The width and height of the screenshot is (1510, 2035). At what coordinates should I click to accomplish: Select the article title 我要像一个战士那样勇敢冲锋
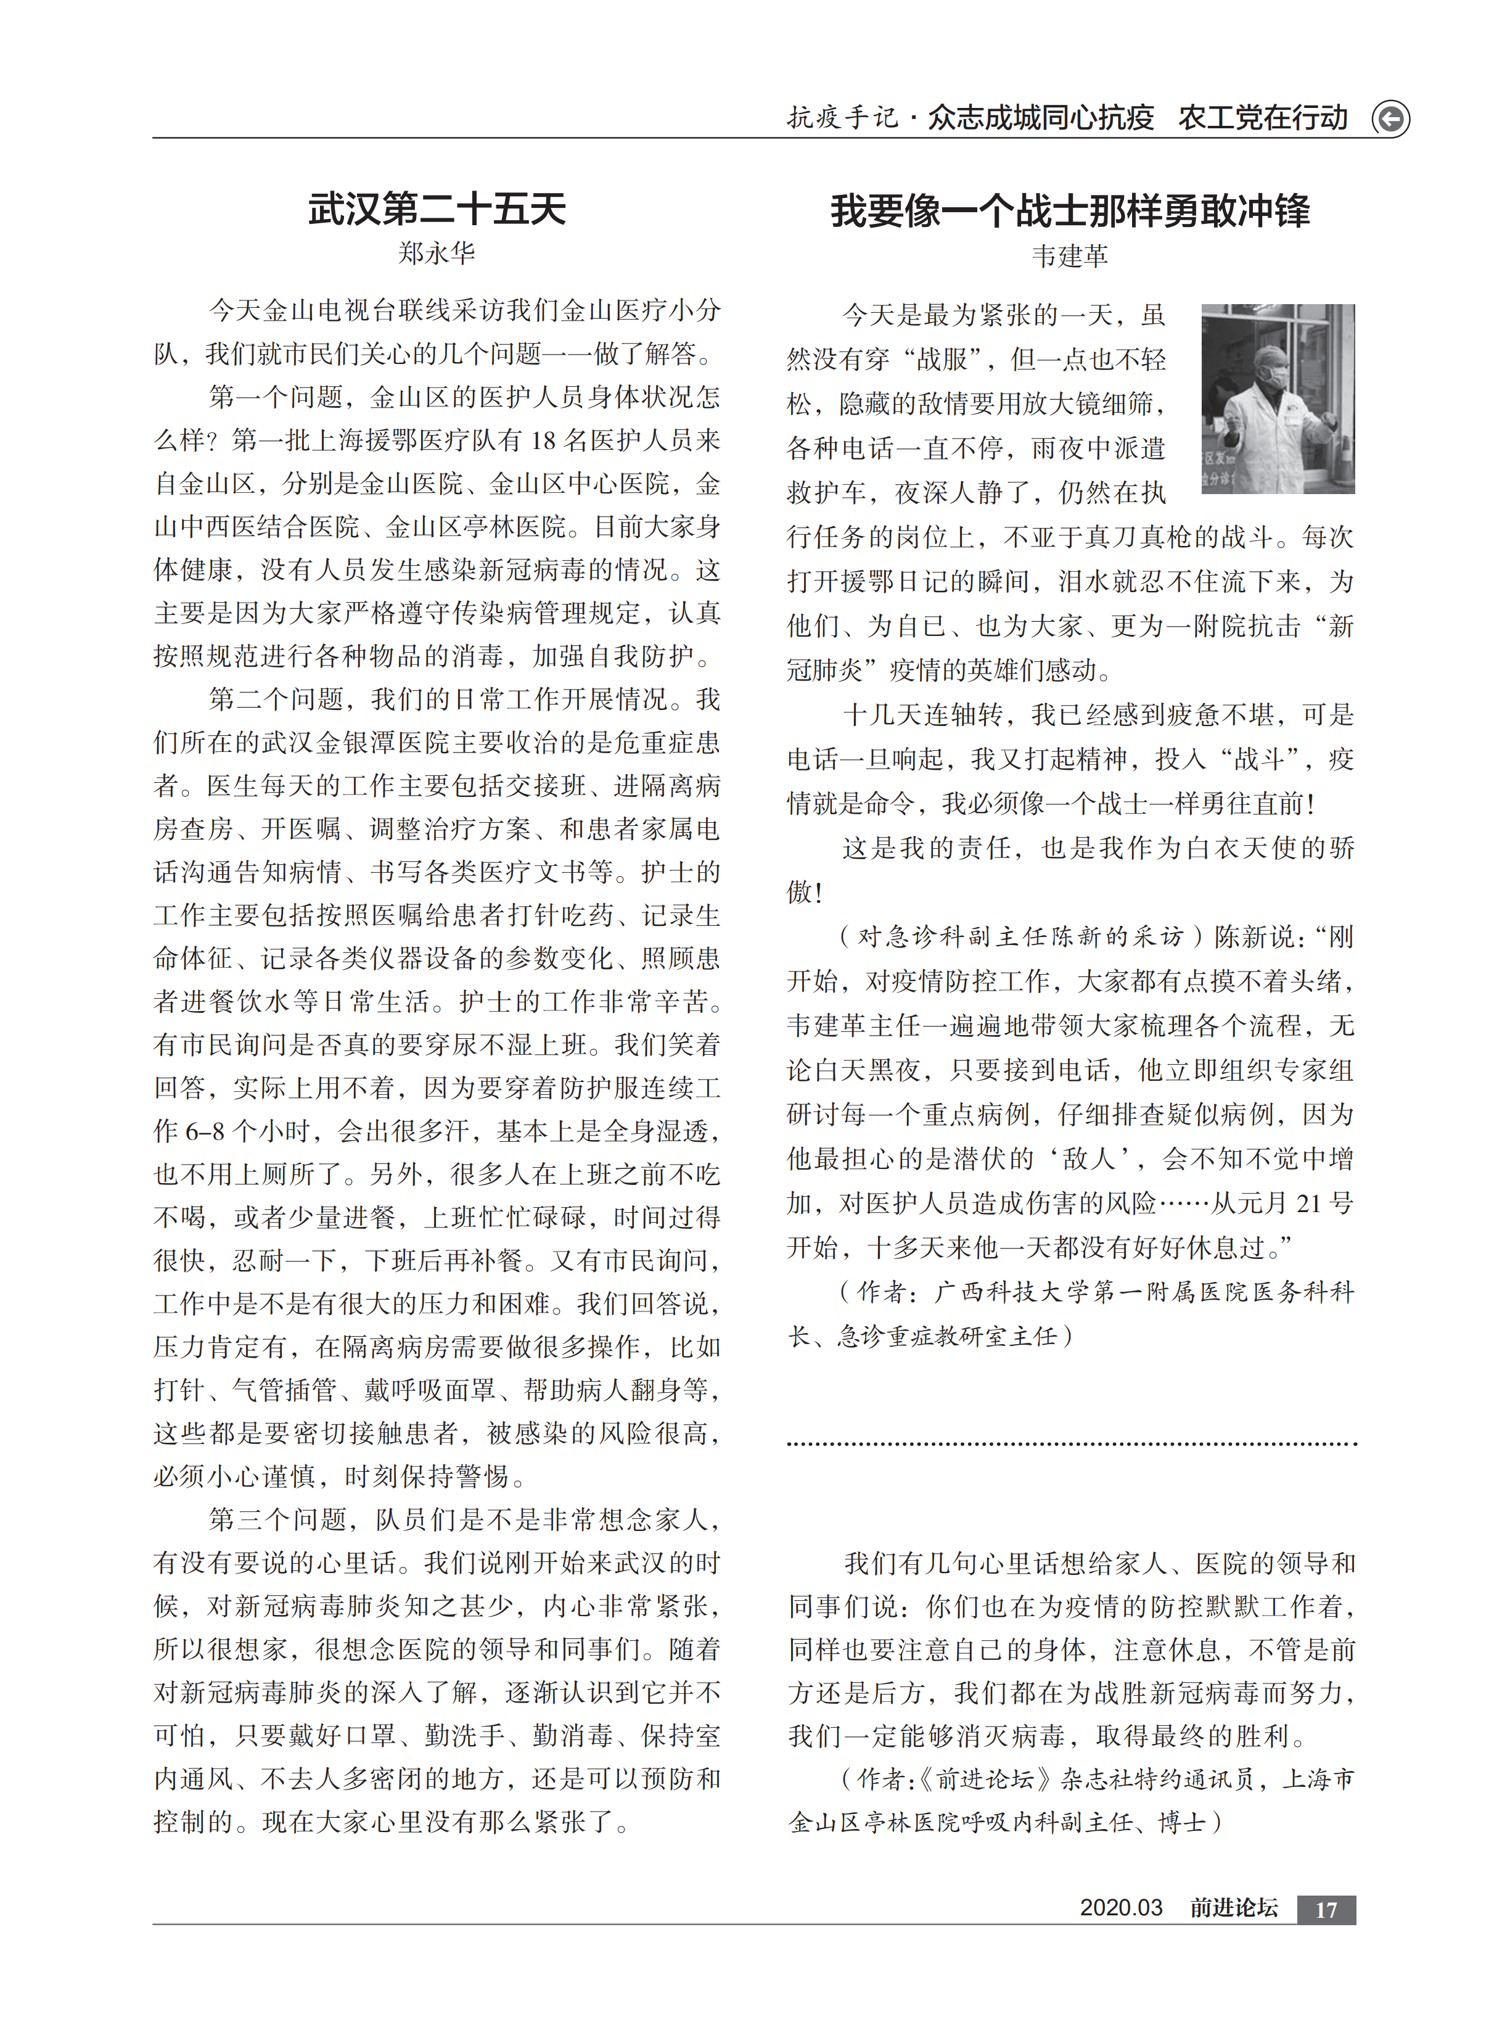coord(1069,211)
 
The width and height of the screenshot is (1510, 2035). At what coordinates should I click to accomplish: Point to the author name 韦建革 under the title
coord(1069,256)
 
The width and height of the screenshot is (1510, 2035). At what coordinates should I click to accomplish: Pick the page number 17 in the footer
coord(1326,1910)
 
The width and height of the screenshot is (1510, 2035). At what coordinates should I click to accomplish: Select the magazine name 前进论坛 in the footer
coord(1233,1908)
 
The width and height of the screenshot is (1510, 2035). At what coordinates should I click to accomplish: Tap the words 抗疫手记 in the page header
coord(842,118)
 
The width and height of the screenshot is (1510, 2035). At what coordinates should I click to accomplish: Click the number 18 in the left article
coord(543,440)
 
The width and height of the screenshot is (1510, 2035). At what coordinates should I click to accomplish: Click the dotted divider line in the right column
coord(1071,1445)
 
